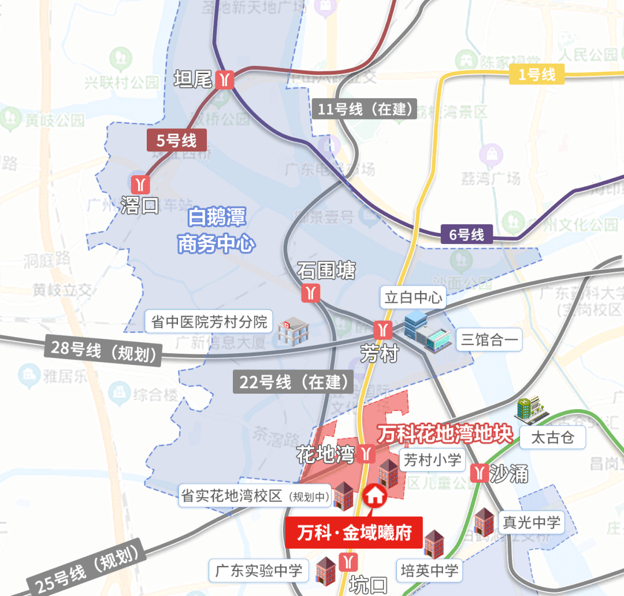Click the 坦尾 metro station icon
click(224, 79)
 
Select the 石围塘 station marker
click(311, 293)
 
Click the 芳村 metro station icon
click(382, 330)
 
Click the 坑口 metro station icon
click(349, 561)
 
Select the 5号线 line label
click(177, 140)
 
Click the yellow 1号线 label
click(536, 74)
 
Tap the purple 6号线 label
click(466, 235)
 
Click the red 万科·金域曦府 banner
click(354, 532)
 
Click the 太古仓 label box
click(552, 438)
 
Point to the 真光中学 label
click(531, 523)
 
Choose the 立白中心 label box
click(414, 298)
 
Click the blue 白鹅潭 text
click(217, 218)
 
